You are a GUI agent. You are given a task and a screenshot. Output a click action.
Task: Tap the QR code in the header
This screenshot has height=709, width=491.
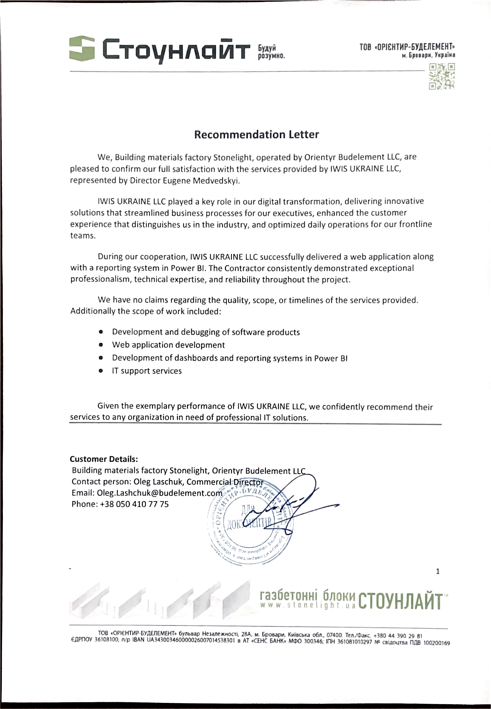coord(442,76)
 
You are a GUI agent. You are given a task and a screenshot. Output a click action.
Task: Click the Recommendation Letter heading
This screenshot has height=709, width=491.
coord(256,134)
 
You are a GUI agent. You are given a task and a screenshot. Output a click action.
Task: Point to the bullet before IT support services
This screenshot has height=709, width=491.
coord(100,371)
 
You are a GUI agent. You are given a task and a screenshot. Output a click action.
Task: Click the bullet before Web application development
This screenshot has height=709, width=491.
coord(100,345)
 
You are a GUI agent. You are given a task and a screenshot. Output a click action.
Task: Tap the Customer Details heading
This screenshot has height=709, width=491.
coord(104,459)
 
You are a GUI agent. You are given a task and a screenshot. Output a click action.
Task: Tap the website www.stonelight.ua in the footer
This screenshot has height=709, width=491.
coord(308,605)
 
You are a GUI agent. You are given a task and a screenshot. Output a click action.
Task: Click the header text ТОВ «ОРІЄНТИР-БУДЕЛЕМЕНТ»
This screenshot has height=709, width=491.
coord(407,47)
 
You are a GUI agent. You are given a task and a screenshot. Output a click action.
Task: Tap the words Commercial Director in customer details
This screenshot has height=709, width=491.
coord(225,482)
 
